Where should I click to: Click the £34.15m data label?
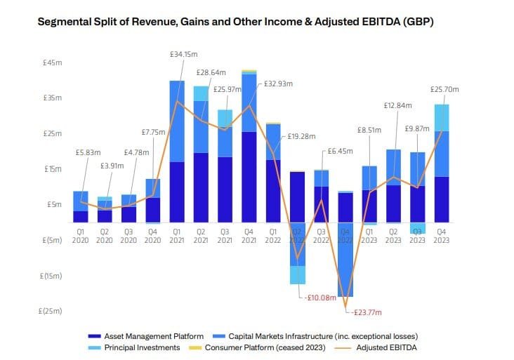pos(183,53)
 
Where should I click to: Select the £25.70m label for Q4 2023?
pos(444,89)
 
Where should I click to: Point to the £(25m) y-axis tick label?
pos(52,312)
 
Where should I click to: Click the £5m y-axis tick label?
pos(54,205)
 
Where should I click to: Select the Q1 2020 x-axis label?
pos(81,235)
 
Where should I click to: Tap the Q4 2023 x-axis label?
pos(442,235)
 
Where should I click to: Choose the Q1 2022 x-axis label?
pos(273,235)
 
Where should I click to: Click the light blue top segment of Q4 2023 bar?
pos(442,117)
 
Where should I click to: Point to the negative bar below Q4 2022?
pos(345,260)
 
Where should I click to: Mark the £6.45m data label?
pos(340,151)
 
